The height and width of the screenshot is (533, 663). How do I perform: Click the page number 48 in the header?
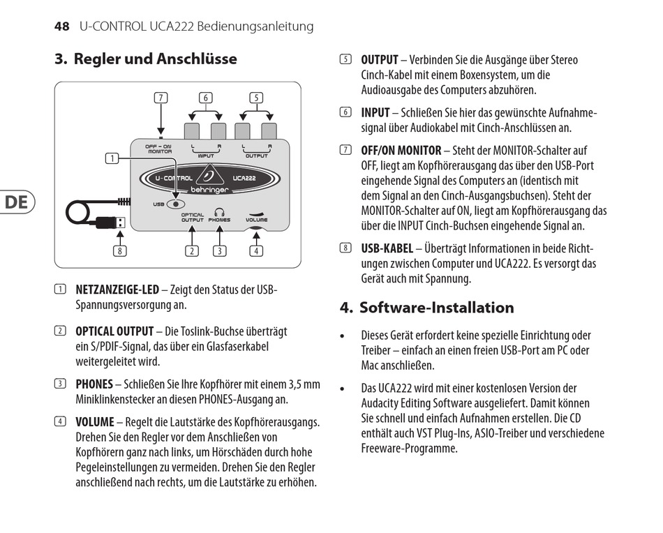(x=61, y=27)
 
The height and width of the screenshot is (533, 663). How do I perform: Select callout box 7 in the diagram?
(x=161, y=98)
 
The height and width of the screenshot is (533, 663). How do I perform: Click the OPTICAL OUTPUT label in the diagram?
(x=193, y=218)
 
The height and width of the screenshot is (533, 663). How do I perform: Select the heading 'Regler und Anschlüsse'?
(x=155, y=59)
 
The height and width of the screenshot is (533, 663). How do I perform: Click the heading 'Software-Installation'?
(x=436, y=308)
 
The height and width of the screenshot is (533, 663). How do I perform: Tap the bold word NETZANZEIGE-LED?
(x=117, y=290)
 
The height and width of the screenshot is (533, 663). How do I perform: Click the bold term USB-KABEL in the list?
(x=387, y=248)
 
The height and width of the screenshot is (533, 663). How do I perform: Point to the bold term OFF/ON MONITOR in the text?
(x=401, y=150)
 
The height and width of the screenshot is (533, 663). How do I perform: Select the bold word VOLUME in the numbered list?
(x=94, y=421)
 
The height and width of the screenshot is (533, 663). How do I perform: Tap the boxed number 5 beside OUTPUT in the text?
(x=345, y=60)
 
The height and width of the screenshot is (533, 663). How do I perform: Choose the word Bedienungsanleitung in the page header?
(x=255, y=27)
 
